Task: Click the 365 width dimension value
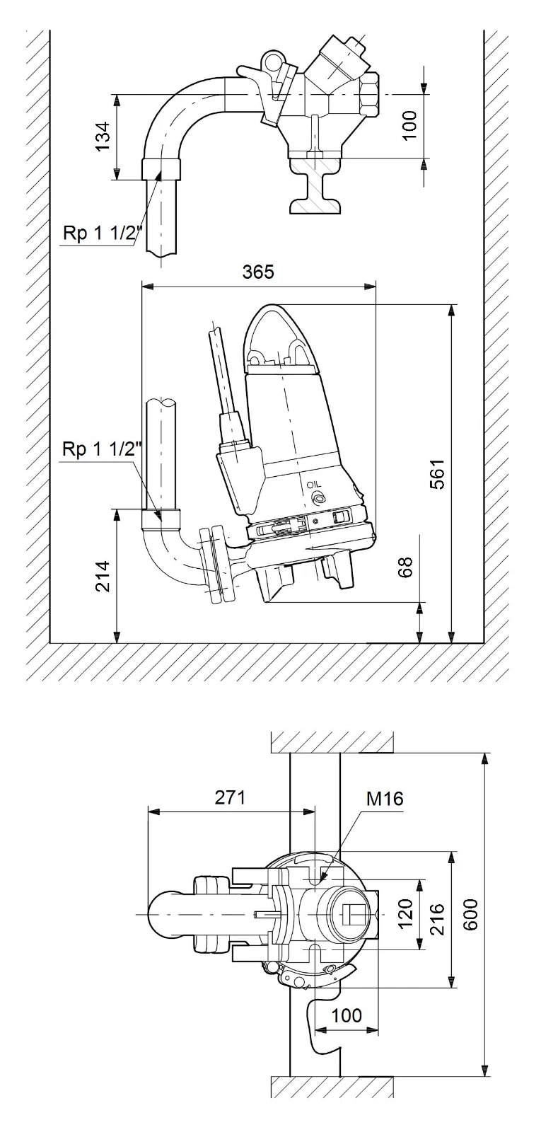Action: (x=258, y=272)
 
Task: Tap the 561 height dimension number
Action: (x=437, y=474)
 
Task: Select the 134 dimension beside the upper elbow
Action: (x=103, y=136)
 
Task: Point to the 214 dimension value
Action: (x=103, y=577)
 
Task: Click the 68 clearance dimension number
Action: (x=406, y=567)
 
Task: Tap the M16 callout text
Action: (x=385, y=799)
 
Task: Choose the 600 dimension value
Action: (x=470, y=914)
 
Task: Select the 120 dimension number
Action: (x=406, y=916)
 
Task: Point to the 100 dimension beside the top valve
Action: (x=409, y=126)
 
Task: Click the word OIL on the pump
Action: (x=314, y=485)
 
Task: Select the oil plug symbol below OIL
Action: (x=317, y=499)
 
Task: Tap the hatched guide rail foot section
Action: (x=318, y=187)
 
